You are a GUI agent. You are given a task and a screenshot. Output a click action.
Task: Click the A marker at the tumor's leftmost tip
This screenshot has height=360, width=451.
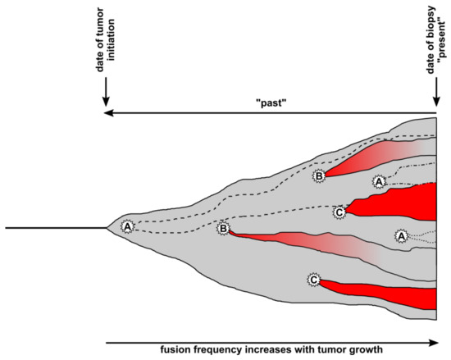click(x=127, y=226)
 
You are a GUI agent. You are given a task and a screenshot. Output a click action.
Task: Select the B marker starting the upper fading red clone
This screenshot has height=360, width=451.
click(x=319, y=175)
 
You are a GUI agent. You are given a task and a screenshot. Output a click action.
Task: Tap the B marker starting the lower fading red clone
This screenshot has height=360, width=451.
click(x=222, y=229)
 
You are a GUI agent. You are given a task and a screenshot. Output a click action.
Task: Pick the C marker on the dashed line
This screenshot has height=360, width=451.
click(x=339, y=212)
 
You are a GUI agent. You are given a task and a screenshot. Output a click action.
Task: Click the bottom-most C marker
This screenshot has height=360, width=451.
click(x=312, y=280)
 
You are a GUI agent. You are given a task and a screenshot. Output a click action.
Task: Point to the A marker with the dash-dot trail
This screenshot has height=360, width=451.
click(x=379, y=180)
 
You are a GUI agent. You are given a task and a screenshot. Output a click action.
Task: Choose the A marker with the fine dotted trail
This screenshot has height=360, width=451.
click(x=401, y=235)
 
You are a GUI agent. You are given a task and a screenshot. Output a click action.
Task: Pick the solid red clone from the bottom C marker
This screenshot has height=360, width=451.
click(x=394, y=296)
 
